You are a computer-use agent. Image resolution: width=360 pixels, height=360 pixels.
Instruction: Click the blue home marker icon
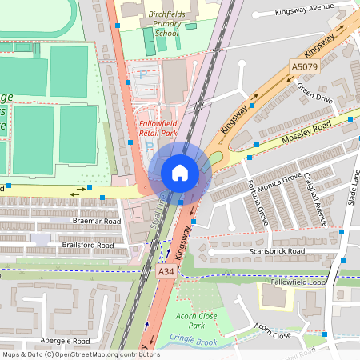tap(180, 173)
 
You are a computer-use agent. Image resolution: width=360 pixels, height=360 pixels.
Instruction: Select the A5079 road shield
tap(304, 68)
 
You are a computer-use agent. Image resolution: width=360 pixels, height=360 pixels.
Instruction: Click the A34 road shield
tap(166, 272)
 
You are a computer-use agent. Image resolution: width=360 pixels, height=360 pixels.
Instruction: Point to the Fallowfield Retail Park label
tap(158, 129)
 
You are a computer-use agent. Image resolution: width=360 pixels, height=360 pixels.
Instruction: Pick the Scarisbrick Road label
tap(277, 251)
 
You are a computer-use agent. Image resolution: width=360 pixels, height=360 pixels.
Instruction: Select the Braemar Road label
tap(96, 220)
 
